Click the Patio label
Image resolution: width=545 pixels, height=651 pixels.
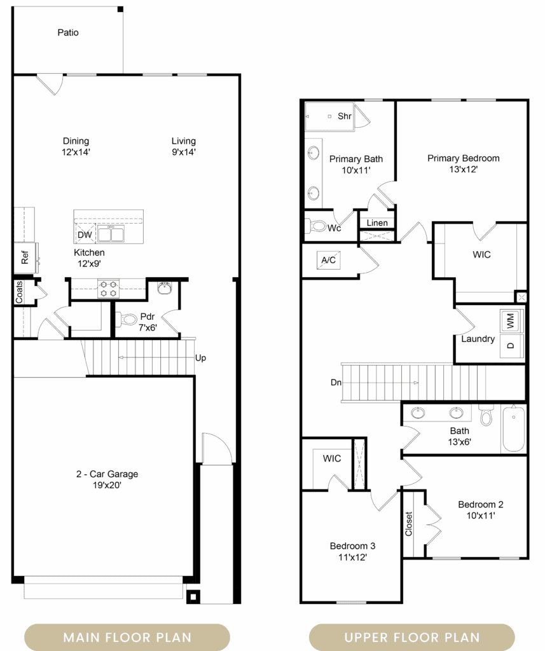68,32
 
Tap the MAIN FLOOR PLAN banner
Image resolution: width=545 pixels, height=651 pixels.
127,637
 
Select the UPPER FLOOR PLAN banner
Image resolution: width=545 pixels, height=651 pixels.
412,637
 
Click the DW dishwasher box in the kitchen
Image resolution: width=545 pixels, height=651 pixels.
85,235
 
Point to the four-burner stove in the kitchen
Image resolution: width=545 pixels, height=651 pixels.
108,289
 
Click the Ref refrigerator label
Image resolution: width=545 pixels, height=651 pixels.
25,257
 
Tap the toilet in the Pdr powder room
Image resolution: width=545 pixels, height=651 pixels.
128,320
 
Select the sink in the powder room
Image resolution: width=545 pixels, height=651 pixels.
165,288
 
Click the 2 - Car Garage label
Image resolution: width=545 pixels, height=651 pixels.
107,474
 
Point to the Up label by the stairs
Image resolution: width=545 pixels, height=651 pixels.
200,358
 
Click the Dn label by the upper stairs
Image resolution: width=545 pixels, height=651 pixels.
336,382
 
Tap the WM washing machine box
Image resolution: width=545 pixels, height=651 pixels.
511,320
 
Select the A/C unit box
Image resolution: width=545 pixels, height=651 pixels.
329,260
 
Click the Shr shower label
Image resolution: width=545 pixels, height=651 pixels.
345,116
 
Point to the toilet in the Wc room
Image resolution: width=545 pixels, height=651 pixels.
317,226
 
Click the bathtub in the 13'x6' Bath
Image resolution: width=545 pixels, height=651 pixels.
514,428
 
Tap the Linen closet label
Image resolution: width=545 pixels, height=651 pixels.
377,223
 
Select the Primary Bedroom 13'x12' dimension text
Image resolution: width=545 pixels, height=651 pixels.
463,169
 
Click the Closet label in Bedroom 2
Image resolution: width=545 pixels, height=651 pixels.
409,524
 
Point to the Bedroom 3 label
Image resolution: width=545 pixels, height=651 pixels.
353,546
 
